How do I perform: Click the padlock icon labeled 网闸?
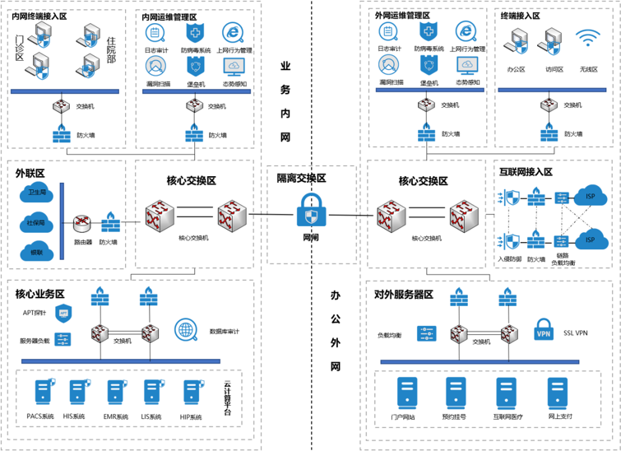pyautogui.click(x=310, y=211)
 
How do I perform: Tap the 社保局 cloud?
pyautogui.click(x=36, y=223)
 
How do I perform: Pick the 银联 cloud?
pyautogui.click(x=37, y=252)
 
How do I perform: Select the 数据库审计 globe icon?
pyautogui.click(x=186, y=331)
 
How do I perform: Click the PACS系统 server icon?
pyautogui.click(x=39, y=391)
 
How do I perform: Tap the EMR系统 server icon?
pyautogui.click(x=115, y=391)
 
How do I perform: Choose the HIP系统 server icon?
pyautogui.click(x=190, y=391)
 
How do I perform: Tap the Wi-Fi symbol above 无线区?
pyautogui.click(x=588, y=39)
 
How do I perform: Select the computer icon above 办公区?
pyautogui.click(x=517, y=41)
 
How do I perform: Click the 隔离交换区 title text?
pyautogui.click(x=303, y=177)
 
